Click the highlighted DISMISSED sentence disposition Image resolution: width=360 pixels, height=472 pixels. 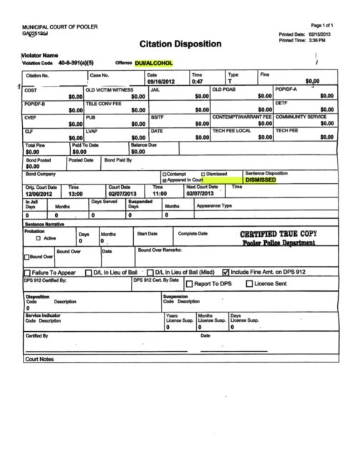click(261, 180)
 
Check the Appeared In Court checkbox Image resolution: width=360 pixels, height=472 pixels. click(165, 180)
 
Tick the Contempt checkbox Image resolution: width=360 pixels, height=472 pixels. click(165, 174)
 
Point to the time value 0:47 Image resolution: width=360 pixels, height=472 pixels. click(197, 82)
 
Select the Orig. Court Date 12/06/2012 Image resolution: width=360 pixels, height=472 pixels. click(39, 193)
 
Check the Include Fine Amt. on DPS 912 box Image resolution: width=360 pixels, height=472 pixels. click(226, 272)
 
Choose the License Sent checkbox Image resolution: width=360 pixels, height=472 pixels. click(249, 284)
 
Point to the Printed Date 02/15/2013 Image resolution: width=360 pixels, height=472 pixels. click(321, 34)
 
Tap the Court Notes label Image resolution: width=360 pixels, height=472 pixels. click(39, 358)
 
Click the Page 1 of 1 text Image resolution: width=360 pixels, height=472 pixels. click(323, 25)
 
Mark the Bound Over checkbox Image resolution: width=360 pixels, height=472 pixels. click(27, 257)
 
